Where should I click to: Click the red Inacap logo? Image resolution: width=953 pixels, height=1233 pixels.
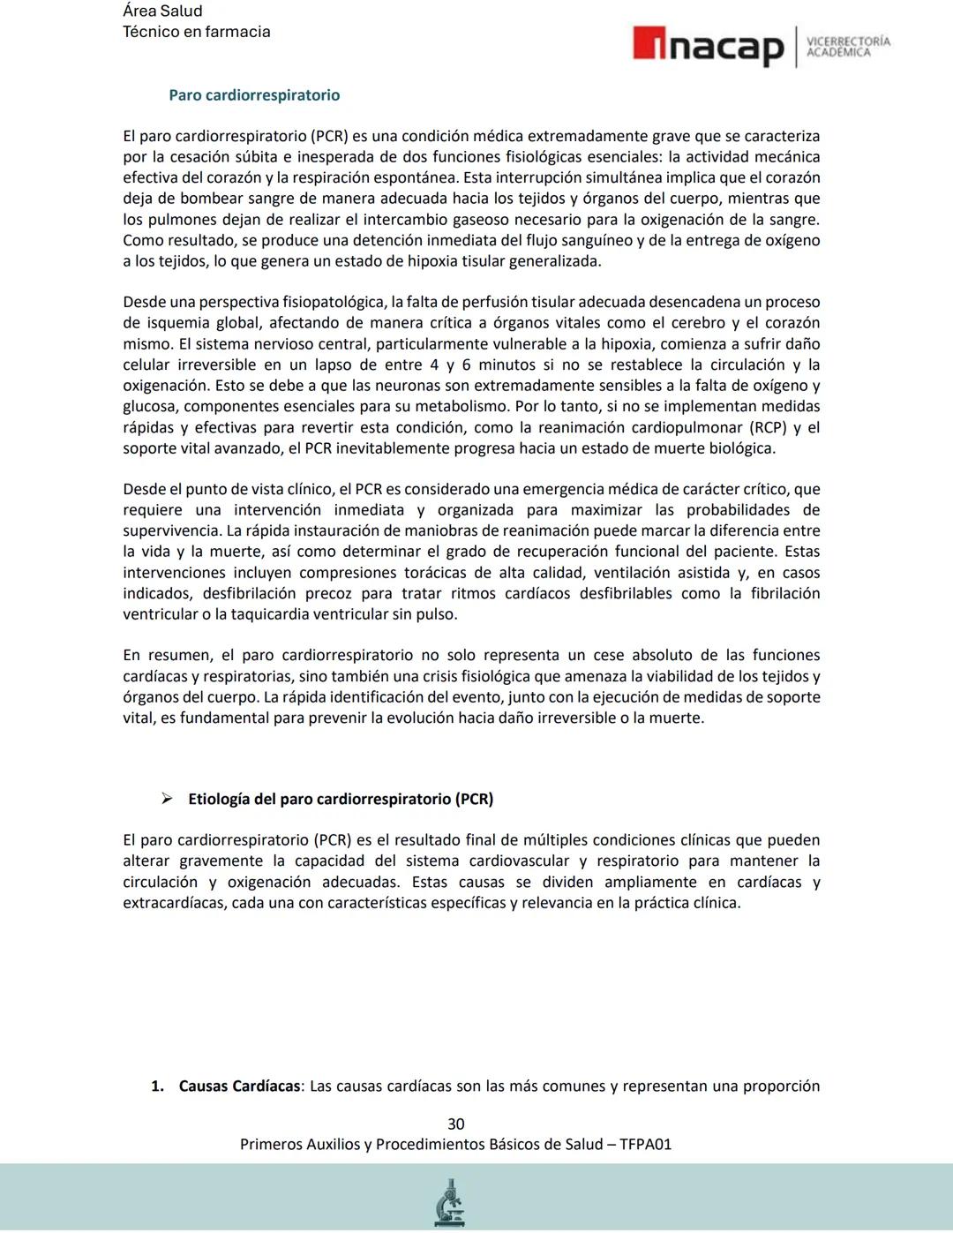pos(708,46)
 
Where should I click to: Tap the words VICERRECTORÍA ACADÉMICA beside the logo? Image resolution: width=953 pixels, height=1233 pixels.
pos(848,47)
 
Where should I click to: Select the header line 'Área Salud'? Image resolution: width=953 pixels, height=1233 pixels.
pos(162,11)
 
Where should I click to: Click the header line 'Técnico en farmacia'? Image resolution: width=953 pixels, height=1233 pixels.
pos(196,32)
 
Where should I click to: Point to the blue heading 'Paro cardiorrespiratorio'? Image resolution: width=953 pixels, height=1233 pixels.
pos(254,95)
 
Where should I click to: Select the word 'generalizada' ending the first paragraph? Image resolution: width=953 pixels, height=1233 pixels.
pos(555,261)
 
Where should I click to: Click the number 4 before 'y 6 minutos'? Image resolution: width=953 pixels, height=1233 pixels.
pos(434,365)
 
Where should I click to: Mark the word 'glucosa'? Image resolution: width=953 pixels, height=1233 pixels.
pos(149,407)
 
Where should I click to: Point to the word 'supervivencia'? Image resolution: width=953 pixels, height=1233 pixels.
pos(171,531)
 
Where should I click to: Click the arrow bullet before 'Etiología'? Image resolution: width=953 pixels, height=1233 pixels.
pos(166,799)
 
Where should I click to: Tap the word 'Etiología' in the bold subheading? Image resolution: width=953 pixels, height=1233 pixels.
pos(218,799)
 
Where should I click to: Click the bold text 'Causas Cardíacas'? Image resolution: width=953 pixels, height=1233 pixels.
pos(239,1086)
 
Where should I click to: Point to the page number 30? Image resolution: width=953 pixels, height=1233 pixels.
pos(455,1124)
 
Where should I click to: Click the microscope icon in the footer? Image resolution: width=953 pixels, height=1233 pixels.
pos(450,1202)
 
